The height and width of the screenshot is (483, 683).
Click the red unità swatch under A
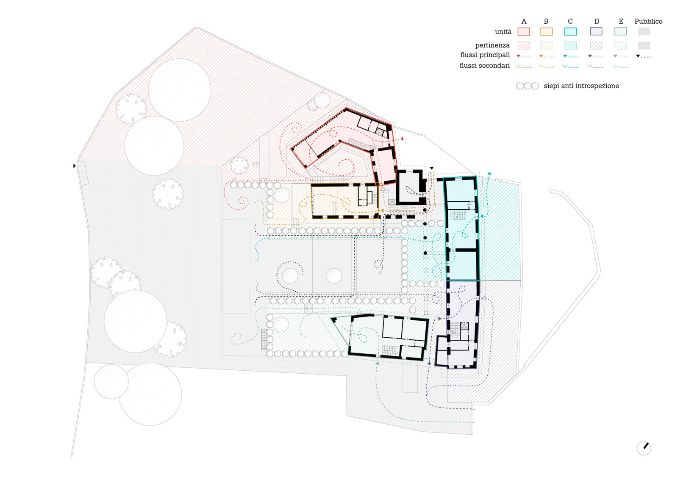click(x=524, y=31)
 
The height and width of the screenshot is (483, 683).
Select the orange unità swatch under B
click(x=546, y=31)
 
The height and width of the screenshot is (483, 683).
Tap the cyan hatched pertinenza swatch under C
click(x=570, y=45)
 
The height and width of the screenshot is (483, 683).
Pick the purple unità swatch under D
click(x=596, y=31)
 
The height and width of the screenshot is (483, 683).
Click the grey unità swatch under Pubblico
click(x=644, y=31)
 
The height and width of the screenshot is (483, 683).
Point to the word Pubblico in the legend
click(x=648, y=21)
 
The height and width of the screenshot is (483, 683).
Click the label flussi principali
click(x=485, y=55)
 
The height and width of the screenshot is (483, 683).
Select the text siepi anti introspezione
click(x=581, y=86)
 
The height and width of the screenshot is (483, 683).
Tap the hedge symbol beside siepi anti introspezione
click(x=528, y=86)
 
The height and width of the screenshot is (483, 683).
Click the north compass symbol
click(x=644, y=448)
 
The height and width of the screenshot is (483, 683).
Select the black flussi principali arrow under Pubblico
click(x=643, y=56)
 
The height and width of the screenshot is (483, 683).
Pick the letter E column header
click(x=621, y=21)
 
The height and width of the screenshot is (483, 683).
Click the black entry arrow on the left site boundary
click(x=75, y=166)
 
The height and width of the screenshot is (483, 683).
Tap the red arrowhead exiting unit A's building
click(x=402, y=139)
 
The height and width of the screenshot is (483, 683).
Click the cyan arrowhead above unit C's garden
click(x=489, y=174)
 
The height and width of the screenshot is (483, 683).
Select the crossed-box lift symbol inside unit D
click(x=464, y=325)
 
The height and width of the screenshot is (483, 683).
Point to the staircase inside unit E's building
click(x=391, y=350)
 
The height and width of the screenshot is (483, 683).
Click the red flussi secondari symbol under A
click(x=524, y=66)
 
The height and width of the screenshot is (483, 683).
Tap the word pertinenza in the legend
click(x=492, y=45)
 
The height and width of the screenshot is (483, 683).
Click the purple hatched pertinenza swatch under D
click(x=596, y=45)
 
